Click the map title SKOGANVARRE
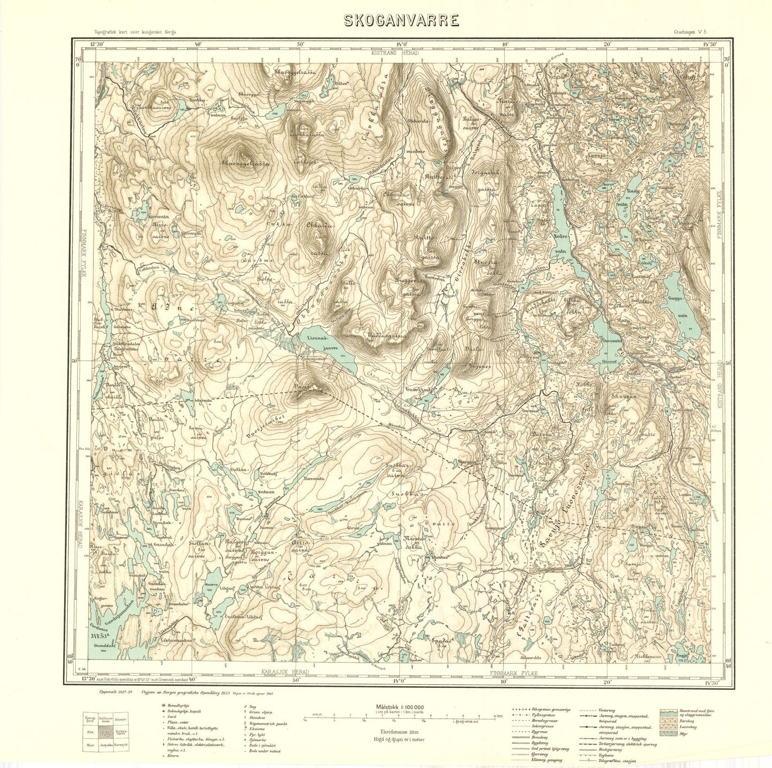[x=401, y=20]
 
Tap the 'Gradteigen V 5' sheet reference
[x=692, y=33]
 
